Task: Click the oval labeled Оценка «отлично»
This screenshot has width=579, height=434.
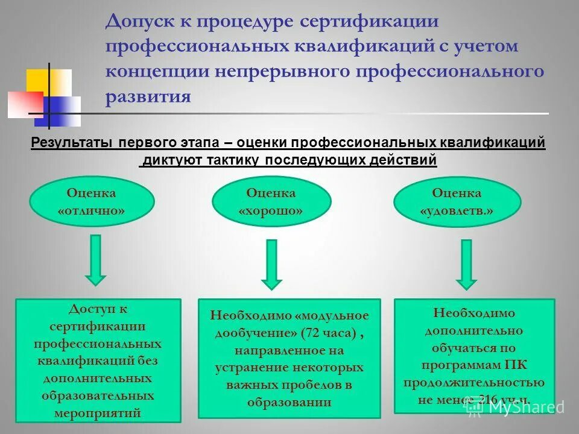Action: pos(92,202)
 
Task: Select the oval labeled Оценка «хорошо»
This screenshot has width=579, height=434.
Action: pos(271,202)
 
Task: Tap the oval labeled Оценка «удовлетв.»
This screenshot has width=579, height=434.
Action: pos(457,202)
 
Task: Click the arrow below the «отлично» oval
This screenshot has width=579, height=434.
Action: pos(95,259)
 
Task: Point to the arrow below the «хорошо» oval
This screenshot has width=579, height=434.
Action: pos(271,264)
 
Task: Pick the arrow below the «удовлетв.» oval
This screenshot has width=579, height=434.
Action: pos(466,264)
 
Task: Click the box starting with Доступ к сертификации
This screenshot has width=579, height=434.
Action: pos(98,360)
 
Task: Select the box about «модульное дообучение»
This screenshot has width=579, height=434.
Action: pos(289,359)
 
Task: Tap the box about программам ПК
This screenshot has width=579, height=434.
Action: pos(473,356)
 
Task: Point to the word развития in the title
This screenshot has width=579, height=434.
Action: pos(148,96)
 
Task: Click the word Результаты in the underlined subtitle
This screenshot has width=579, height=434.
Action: pos(72,143)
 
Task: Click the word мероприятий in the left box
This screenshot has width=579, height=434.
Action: pos(98,413)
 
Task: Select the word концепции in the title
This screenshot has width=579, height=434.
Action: pos(154,71)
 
